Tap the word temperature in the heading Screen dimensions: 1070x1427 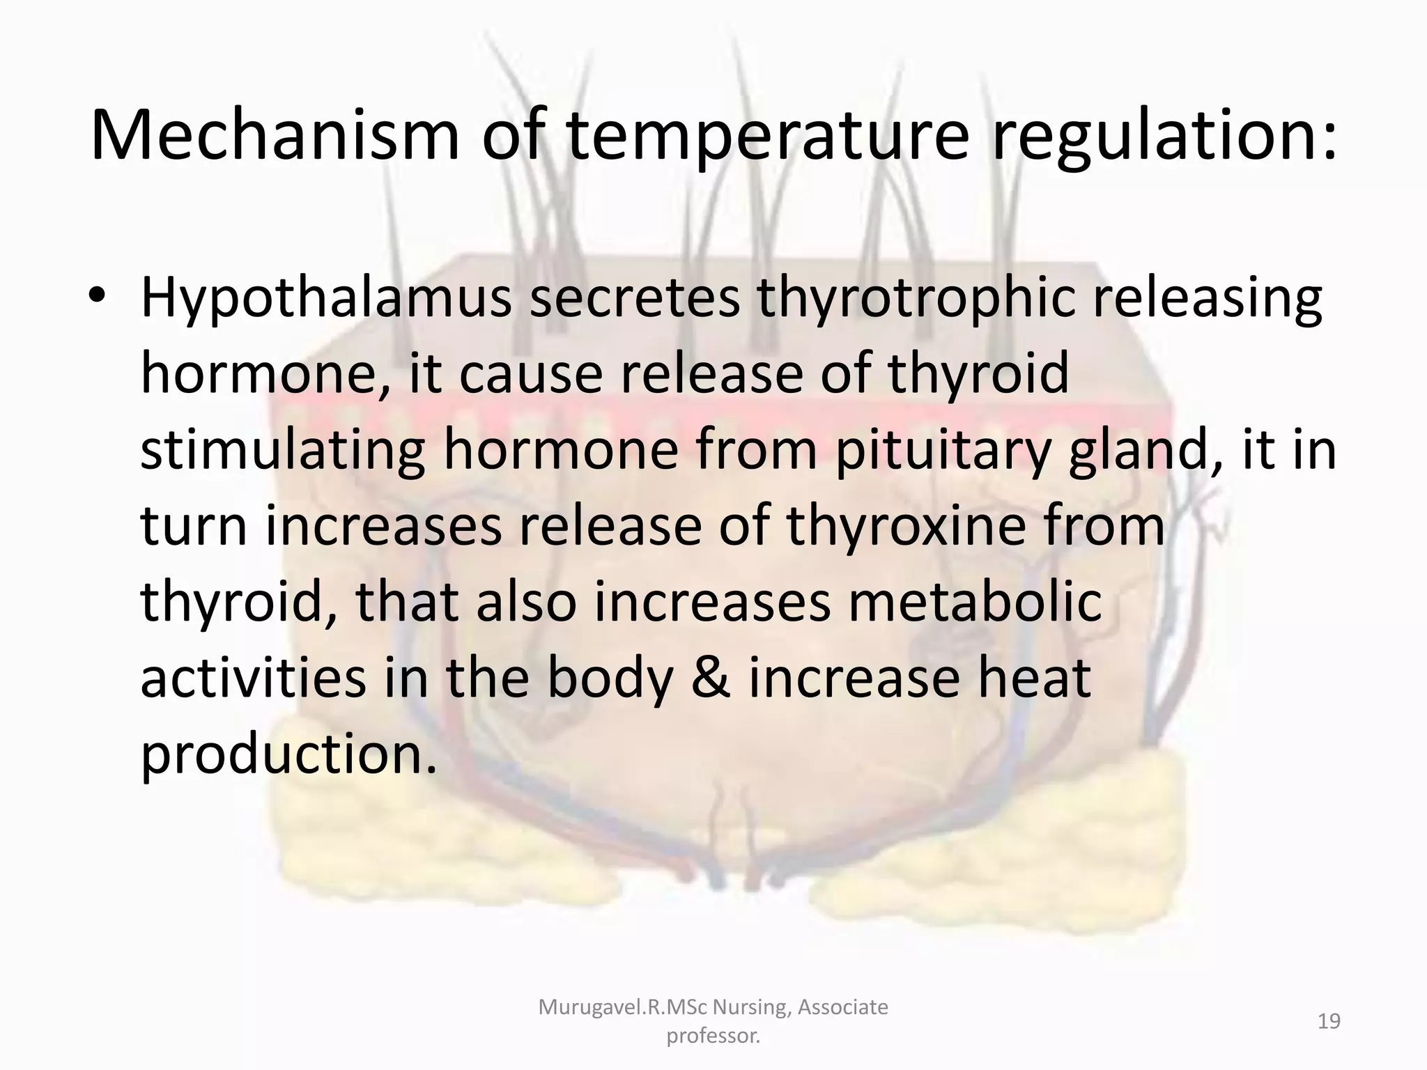pos(766,136)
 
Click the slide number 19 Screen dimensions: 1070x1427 pos(1329,1022)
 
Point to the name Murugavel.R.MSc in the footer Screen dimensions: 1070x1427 pos(623,1007)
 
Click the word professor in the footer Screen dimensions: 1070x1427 pos(713,1037)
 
